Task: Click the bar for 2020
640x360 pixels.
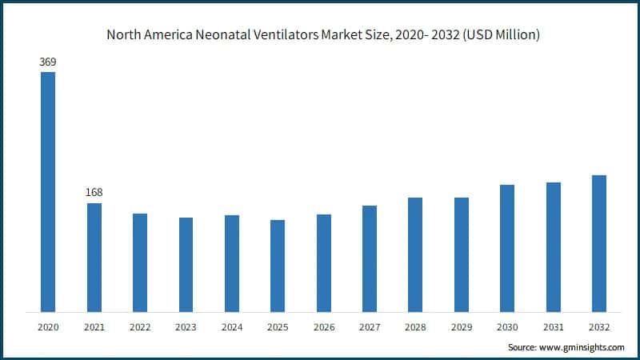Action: (x=48, y=192)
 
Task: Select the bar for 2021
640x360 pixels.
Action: (x=94, y=258)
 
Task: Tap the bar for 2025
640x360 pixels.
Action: (x=278, y=266)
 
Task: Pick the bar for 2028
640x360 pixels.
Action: (x=415, y=254)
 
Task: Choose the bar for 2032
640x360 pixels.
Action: (x=599, y=243)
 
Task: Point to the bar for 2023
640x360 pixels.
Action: (x=186, y=265)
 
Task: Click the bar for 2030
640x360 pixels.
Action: (x=507, y=248)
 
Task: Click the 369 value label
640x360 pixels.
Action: (x=48, y=61)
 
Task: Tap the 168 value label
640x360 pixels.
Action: (x=94, y=192)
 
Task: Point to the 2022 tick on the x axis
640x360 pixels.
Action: (x=140, y=326)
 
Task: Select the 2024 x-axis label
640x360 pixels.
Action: (x=232, y=326)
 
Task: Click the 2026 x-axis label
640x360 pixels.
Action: (x=323, y=326)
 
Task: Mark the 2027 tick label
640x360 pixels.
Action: (x=370, y=326)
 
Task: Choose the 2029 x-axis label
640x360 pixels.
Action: (x=462, y=326)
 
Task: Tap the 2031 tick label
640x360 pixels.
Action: (x=553, y=326)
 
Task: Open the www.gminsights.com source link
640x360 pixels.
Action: (x=581, y=347)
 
